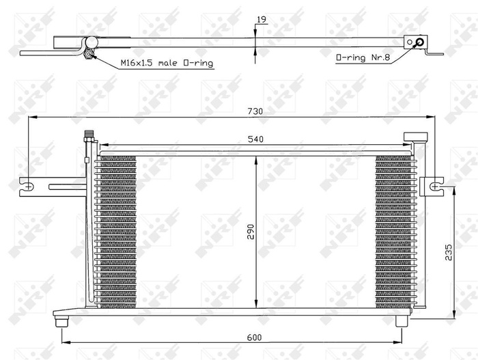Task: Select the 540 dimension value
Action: [x=255, y=139]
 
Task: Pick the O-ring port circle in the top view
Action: [x=419, y=42]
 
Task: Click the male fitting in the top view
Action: [x=89, y=53]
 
